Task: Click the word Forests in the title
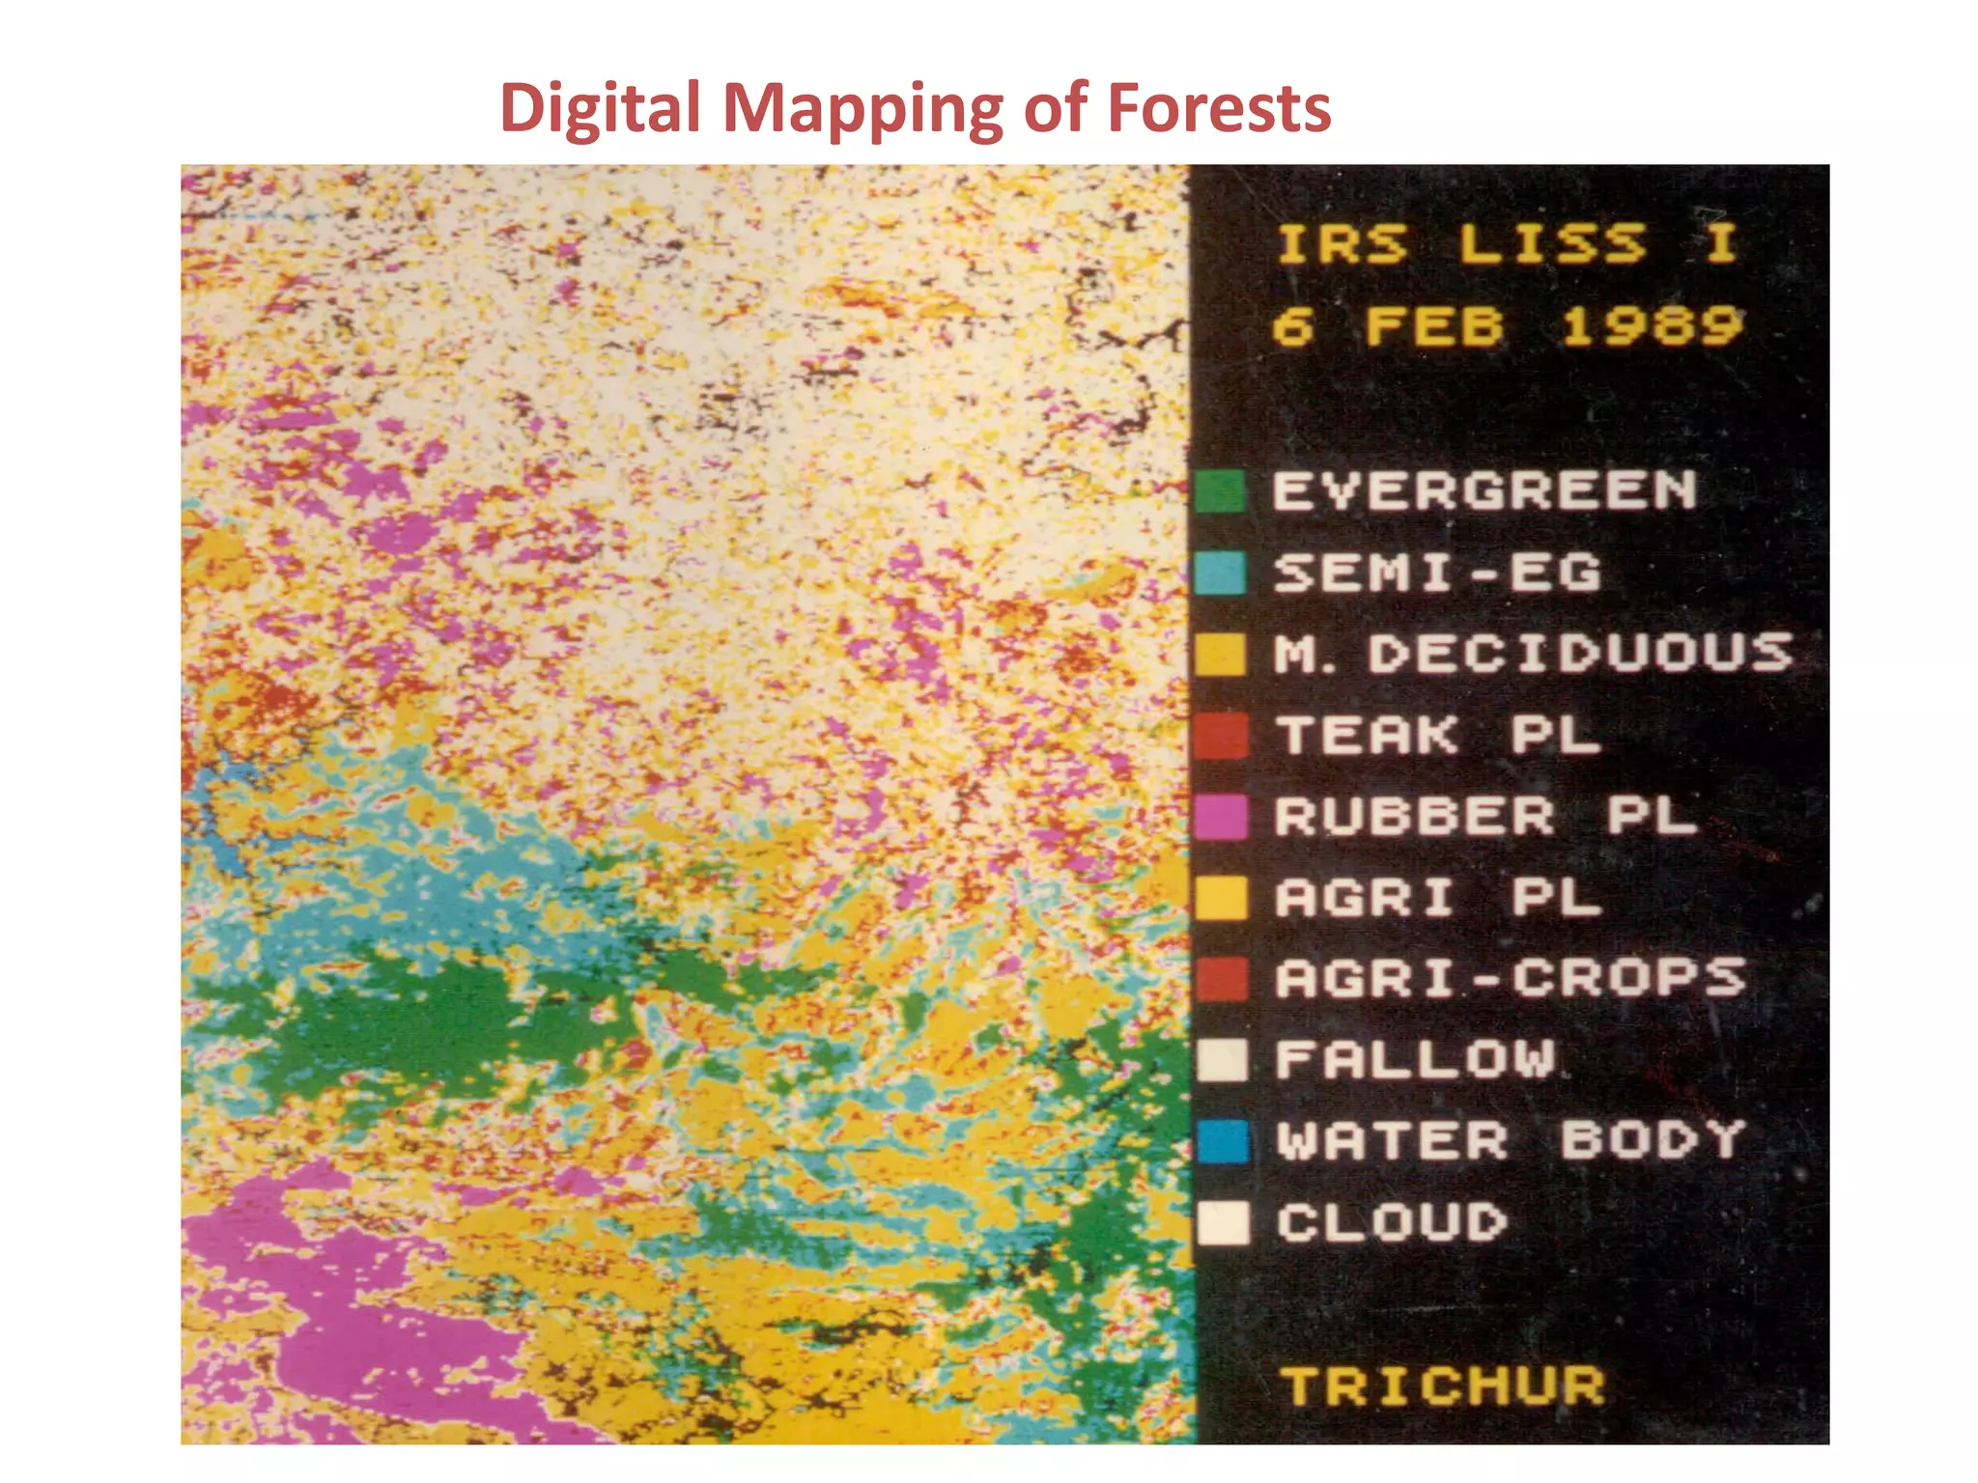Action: (1219, 107)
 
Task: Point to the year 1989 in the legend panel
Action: (1653, 325)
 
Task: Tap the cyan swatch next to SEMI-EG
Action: (1220, 573)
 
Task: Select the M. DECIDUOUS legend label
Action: (1533, 654)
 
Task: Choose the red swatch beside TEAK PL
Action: (1221, 736)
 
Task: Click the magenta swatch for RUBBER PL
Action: (1221, 817)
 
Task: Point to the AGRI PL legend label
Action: (1438, 898)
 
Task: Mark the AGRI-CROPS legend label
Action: (1510, 979)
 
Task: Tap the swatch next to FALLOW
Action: (1222, 1060)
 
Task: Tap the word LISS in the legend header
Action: (1551, 243)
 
